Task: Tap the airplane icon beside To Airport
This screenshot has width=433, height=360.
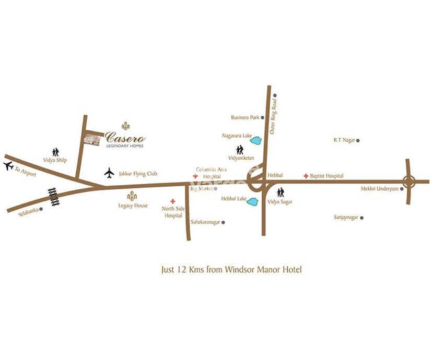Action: pos(8,166)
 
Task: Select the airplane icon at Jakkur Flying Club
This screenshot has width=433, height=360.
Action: pos(109,173)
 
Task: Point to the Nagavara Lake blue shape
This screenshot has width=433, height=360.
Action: pos(256,140)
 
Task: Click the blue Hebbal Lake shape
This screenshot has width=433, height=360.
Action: pos(253,201)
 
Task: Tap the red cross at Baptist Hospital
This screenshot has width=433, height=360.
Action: pos(306,176)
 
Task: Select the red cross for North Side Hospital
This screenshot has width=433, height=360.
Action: pos(173,201)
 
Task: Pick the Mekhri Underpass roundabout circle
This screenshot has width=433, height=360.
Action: pos(409,182)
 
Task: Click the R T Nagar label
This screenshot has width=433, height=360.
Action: pos(344,140)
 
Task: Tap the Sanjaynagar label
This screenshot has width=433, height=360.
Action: pos(346,217)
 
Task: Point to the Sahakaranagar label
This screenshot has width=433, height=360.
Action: pos(205,222)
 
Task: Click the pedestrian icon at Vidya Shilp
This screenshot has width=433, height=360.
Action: pos(55,151)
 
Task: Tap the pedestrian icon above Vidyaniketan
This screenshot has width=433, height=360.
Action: pos(240,150)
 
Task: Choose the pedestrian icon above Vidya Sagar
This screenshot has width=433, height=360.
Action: pos(280,192)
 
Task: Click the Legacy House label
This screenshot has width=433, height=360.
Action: pos(133,206)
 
